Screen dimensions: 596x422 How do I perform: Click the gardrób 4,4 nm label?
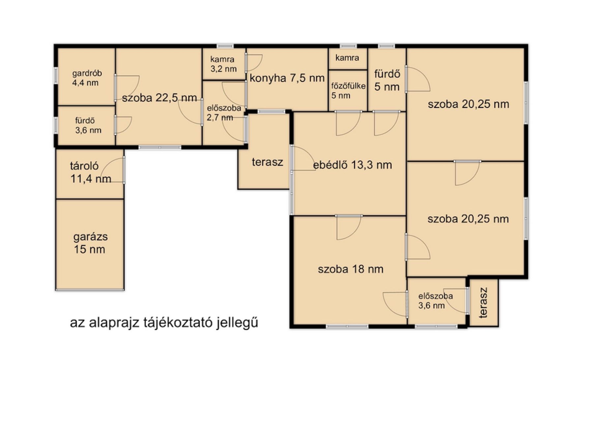point(87,78)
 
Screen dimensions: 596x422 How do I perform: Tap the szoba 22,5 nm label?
point(159,98)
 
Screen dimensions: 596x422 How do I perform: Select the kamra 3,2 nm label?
point(223,64)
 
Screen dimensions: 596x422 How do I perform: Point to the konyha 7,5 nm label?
point(287,78)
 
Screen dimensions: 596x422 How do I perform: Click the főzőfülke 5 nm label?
point(348,91)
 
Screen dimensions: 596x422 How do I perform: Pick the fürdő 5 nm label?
point(387,80)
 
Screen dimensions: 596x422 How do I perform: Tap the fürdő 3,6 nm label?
point(88,126)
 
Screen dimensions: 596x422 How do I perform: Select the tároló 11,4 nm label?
point(90,172)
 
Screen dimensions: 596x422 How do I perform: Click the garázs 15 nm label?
point(90,243)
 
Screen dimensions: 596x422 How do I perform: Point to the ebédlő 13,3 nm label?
point(352,165)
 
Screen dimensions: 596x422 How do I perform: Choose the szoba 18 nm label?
point(351,269)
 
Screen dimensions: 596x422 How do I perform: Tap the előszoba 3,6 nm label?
point(435,301)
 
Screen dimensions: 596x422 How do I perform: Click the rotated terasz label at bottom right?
point(483,303)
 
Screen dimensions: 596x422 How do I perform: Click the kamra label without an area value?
point(347,58)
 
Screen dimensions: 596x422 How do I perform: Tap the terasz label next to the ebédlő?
point(267,162)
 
